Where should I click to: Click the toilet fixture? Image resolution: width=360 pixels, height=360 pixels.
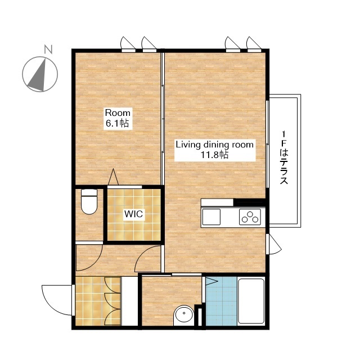[x=89, y=201]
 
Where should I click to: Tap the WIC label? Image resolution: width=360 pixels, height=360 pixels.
[x=134, y=214]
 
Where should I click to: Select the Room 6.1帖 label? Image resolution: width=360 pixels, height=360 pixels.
[x=118, y=118]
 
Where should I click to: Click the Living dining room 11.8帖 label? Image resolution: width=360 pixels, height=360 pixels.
[x=215, y=150]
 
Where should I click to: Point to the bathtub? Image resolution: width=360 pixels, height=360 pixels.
[x=251, y=301]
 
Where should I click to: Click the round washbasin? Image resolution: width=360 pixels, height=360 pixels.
[x=184, y=314]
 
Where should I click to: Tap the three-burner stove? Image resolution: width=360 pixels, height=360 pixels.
[x=250, y=217]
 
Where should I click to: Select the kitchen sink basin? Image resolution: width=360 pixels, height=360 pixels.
[x=211, y=217]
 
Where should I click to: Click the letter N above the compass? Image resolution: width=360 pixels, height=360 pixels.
[x=48, y=49]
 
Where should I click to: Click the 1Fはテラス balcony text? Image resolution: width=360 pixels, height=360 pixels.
[x=284, y=157]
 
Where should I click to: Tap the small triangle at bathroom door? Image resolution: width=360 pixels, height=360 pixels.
[x=211, y=281]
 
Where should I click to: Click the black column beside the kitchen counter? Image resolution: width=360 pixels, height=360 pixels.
[x=249, y=202]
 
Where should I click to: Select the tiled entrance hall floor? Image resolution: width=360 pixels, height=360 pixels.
[x=98, y=301]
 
